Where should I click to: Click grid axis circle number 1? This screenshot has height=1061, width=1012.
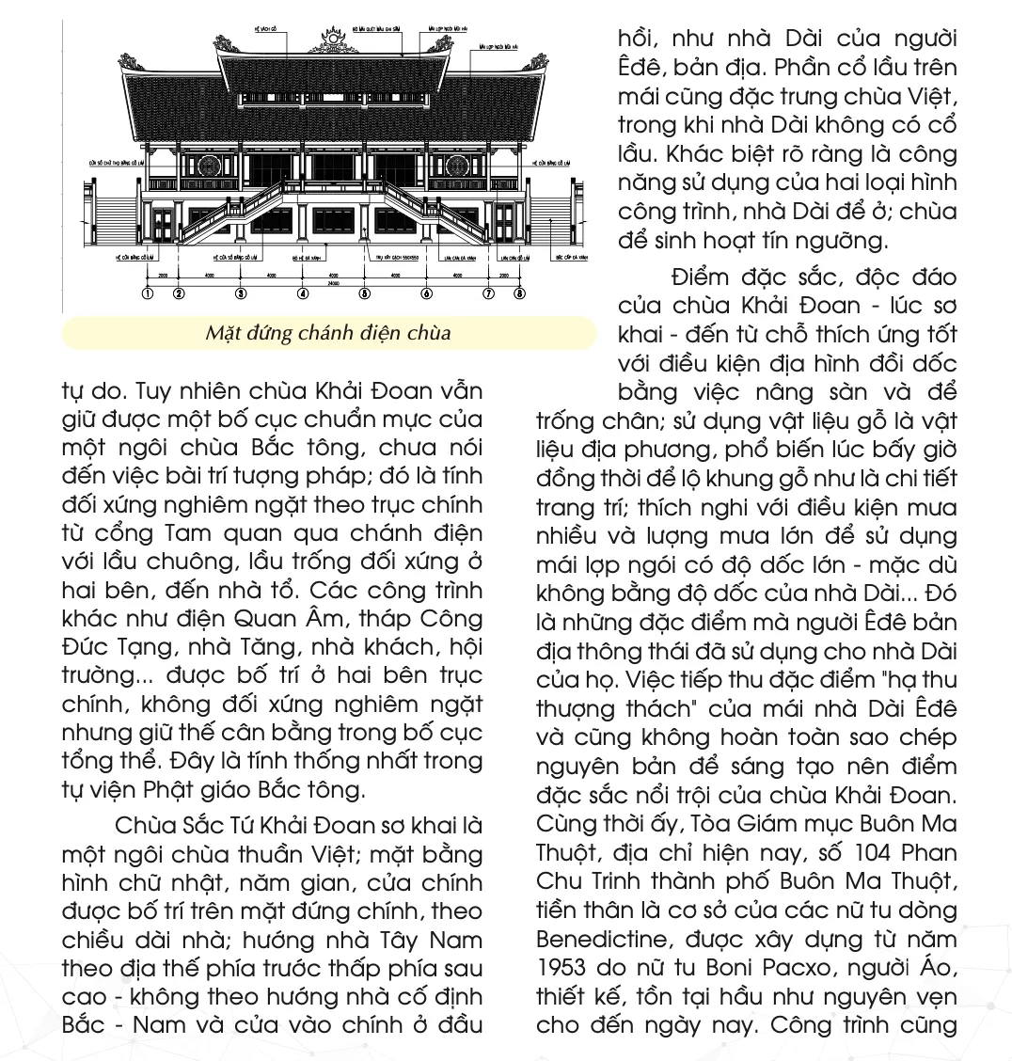coord(147,294)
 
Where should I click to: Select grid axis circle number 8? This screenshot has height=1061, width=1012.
coord(520,294)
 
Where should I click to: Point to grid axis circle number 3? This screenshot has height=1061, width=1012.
coord(240,294)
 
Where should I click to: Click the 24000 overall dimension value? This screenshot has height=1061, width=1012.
coord(333,282)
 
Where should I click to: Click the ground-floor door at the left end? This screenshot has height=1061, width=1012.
coord(164,225)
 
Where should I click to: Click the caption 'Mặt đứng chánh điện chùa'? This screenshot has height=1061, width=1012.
coord(328,333)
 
